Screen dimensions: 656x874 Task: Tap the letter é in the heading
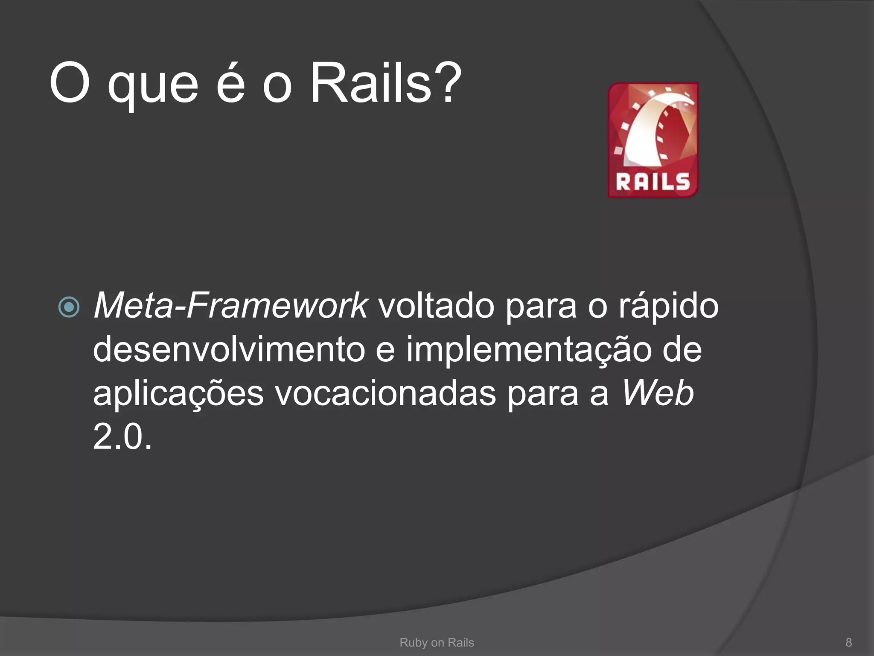tap(230, 83)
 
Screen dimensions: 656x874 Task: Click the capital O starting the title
tap(70, 83)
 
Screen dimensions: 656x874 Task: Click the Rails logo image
tap(653, 140)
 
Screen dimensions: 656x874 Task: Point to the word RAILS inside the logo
tap(653, 182)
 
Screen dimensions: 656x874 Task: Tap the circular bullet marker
tap(69, 307)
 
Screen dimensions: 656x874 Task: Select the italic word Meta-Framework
tap(230, 306)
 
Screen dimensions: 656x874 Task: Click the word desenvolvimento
tap(229, 349)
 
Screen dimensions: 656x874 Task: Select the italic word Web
tap(657, 393)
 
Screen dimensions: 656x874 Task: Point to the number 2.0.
tap(122, 437)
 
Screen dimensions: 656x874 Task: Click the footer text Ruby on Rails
tap(437, 642)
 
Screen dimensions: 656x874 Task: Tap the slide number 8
tap(849, 642)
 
